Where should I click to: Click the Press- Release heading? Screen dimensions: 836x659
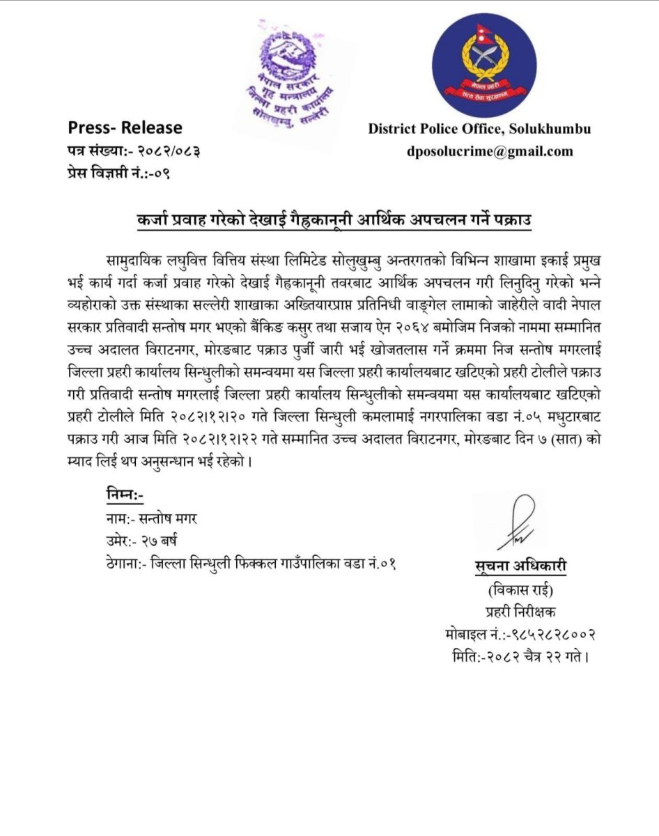click(x=125, y=128)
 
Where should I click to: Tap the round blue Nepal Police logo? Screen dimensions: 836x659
click(x=484, y=65)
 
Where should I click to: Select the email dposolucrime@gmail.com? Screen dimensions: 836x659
click(x=490, y=151)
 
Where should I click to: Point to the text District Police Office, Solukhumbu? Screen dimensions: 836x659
click(x=479, y=129)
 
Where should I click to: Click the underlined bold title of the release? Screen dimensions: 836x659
click(x=334, y=221)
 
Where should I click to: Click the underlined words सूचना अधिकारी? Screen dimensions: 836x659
click(x=516, y=567)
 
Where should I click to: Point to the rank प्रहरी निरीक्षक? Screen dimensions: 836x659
click(x=516, y=612)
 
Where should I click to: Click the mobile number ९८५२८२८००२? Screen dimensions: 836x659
click(x=550, y=635)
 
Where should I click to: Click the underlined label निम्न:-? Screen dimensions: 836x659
click(x=125, y=495)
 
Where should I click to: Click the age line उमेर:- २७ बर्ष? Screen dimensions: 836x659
click(x=140, y=541)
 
